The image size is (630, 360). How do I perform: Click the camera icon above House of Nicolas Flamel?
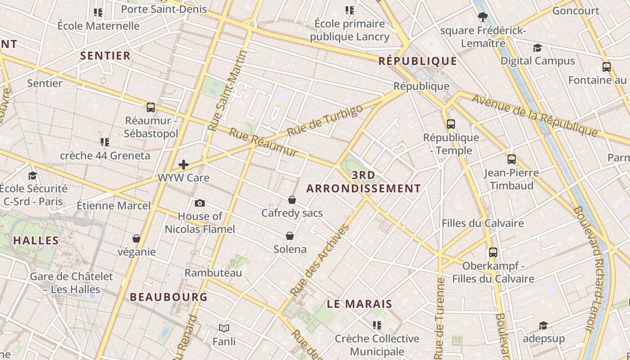point(200,203)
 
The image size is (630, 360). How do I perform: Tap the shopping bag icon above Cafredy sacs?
point(292,200)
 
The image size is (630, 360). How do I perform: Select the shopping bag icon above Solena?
point(290,236)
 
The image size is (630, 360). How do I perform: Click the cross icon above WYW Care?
point(184,165)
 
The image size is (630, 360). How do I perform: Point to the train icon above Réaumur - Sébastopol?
point(151,108)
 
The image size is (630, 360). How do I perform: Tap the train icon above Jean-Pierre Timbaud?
point(512,159)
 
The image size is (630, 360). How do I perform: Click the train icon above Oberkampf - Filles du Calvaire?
point(493,252)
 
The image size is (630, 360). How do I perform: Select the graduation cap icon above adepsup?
point(544,325)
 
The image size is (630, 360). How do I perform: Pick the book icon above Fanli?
point(224,328)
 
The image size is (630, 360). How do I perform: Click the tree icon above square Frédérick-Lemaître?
point(483,18)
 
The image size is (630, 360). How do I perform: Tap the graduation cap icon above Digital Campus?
point(537,48)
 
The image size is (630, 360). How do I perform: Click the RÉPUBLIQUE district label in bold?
point(418,61)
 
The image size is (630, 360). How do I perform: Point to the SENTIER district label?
point(105,56)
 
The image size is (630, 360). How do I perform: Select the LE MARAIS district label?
point(360,304)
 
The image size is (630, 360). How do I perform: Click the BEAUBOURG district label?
point(169,297)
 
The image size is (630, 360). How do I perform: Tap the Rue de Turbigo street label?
point(324,121)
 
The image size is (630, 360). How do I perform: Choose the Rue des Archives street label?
point(320,260)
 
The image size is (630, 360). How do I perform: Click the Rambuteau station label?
point(213,273)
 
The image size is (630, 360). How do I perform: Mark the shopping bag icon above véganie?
point(136,238)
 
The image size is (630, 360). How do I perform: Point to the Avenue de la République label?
point(535,115)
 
